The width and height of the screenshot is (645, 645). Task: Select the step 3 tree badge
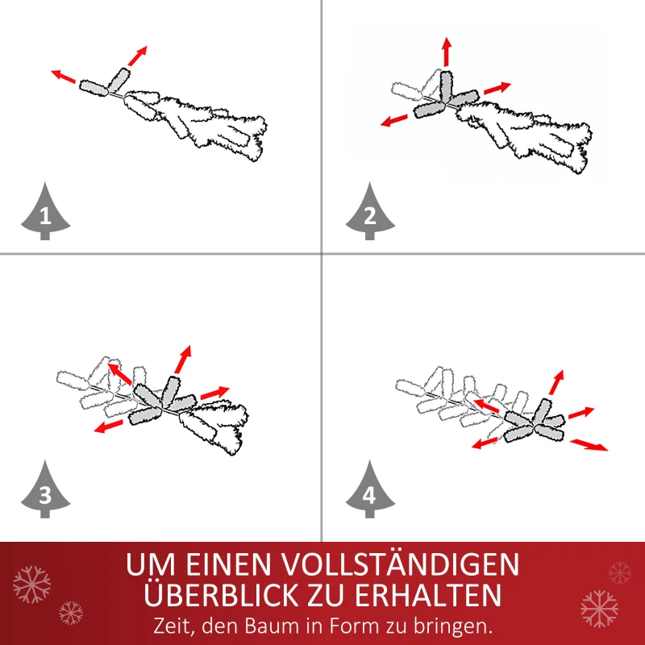45,491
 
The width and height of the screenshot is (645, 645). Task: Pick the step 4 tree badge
369,491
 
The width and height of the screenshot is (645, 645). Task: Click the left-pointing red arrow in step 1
64,77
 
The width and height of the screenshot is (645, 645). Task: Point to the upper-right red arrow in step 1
138,56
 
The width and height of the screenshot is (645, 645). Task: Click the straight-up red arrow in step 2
446,52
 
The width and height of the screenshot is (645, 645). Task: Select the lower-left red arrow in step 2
394,121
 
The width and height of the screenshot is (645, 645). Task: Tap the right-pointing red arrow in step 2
497,88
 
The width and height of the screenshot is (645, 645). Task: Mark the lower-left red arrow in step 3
107,427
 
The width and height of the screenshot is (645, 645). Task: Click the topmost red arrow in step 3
184,359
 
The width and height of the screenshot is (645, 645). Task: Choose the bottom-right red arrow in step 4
589,444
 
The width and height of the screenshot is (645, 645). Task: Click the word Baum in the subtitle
283,625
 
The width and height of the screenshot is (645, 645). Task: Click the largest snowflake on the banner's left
31,584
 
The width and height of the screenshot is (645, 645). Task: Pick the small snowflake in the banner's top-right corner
619,572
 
